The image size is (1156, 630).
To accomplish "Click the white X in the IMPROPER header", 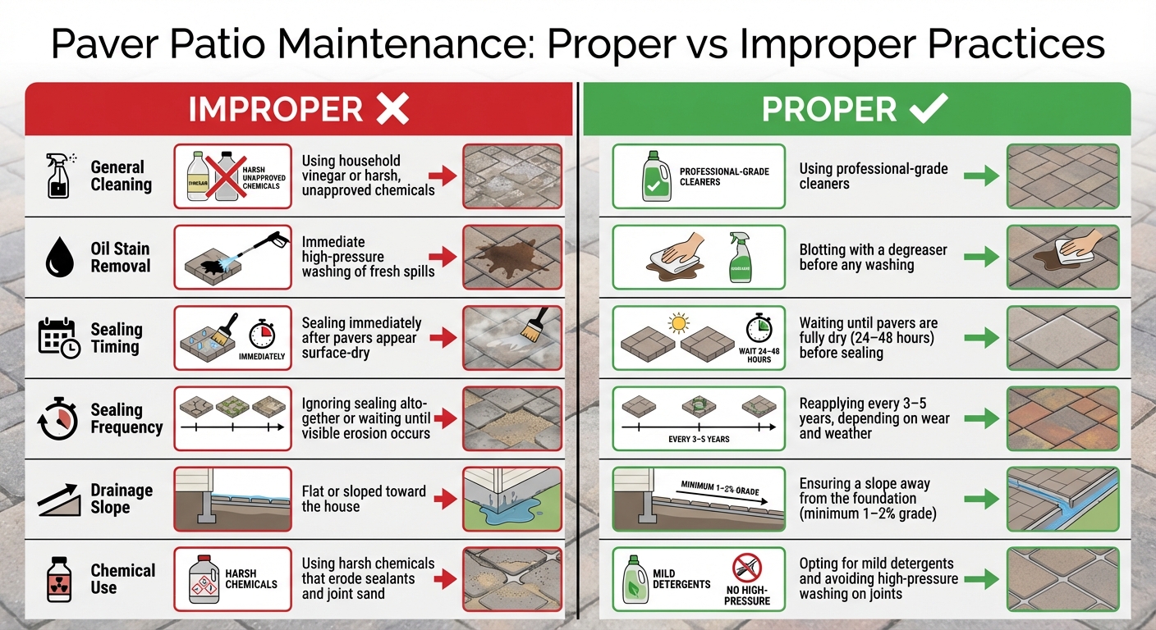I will [x=392, y=109].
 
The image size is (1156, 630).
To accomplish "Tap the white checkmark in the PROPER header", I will [x=929, y=108].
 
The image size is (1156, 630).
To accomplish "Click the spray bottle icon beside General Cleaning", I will [x=58, y=176].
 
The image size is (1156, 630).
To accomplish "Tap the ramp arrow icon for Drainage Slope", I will [x=59, y=499].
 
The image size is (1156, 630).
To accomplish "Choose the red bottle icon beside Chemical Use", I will [x=58, y=579].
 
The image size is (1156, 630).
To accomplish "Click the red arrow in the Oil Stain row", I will [x=443, y=257].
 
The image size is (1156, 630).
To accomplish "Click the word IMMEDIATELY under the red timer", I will [x=262, y=357].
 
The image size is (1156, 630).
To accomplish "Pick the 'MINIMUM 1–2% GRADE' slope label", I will [x=720, y=489].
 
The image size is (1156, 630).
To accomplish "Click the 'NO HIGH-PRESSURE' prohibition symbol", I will [x=747, y=567].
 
